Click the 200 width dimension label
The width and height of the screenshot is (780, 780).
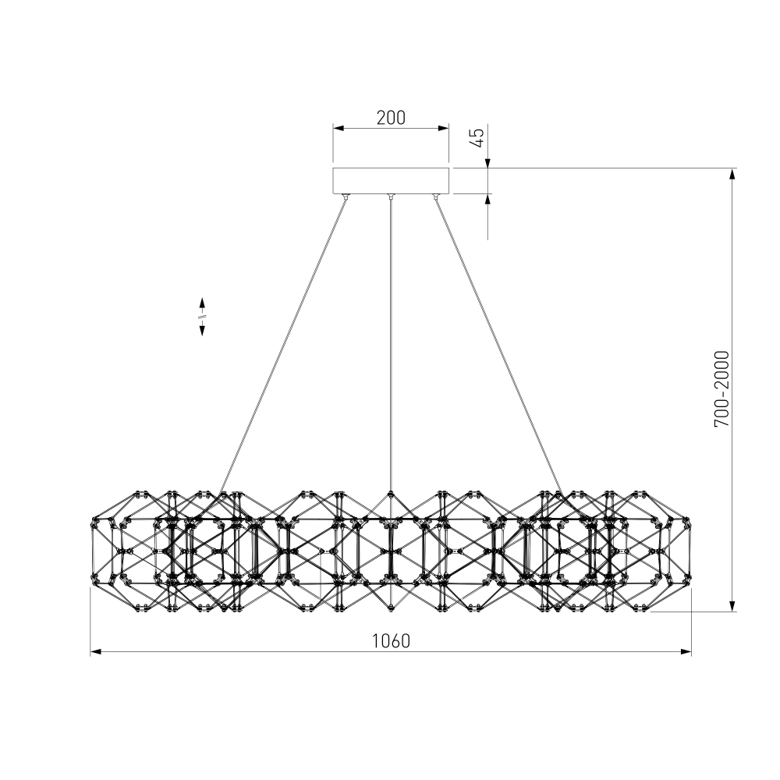[x=391, y=118]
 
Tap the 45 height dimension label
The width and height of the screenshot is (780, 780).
[x=477, y=138]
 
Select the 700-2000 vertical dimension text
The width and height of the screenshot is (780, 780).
[x=721, y=389]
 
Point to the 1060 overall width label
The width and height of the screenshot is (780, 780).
[x=391, y=641]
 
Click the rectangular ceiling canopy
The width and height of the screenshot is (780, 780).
[x=391, y=181]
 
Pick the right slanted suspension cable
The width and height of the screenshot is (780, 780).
[x=498, y=346]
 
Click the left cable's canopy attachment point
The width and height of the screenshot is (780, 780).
[x=346, y=197]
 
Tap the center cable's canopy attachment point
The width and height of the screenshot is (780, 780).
[x=391, y=197]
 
